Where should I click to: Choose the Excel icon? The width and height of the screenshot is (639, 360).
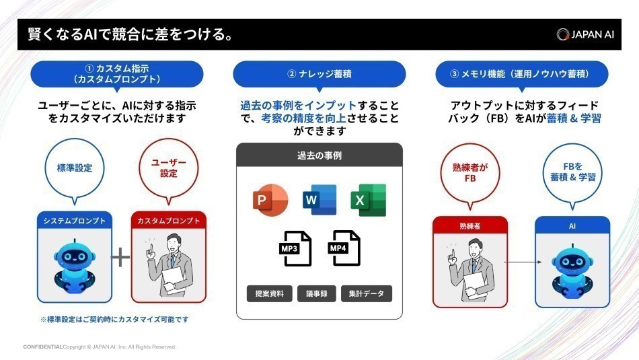[368, 200]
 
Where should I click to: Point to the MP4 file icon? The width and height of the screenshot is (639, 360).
[344, 249]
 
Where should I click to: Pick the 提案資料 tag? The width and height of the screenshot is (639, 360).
[269, 293]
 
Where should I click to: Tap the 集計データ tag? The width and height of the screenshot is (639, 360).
[367, 293]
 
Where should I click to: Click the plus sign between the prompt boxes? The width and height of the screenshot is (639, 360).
[120, 257]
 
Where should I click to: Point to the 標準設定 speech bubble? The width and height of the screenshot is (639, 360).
[74, 169]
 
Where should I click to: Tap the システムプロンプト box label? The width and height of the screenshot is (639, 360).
[74, 220]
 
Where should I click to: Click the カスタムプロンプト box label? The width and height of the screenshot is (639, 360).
[169, 220]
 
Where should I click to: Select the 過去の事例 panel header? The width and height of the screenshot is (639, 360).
[319, 155]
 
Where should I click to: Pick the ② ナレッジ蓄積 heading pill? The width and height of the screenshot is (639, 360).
[319, 74]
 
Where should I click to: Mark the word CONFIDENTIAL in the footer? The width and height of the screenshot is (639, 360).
[42, 347]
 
